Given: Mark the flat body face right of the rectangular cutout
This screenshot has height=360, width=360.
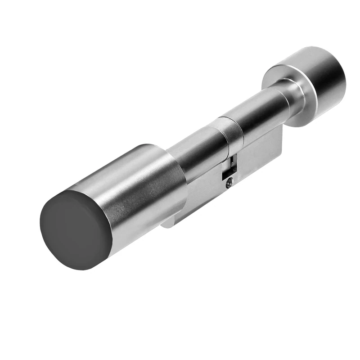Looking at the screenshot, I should coord(256,157).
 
